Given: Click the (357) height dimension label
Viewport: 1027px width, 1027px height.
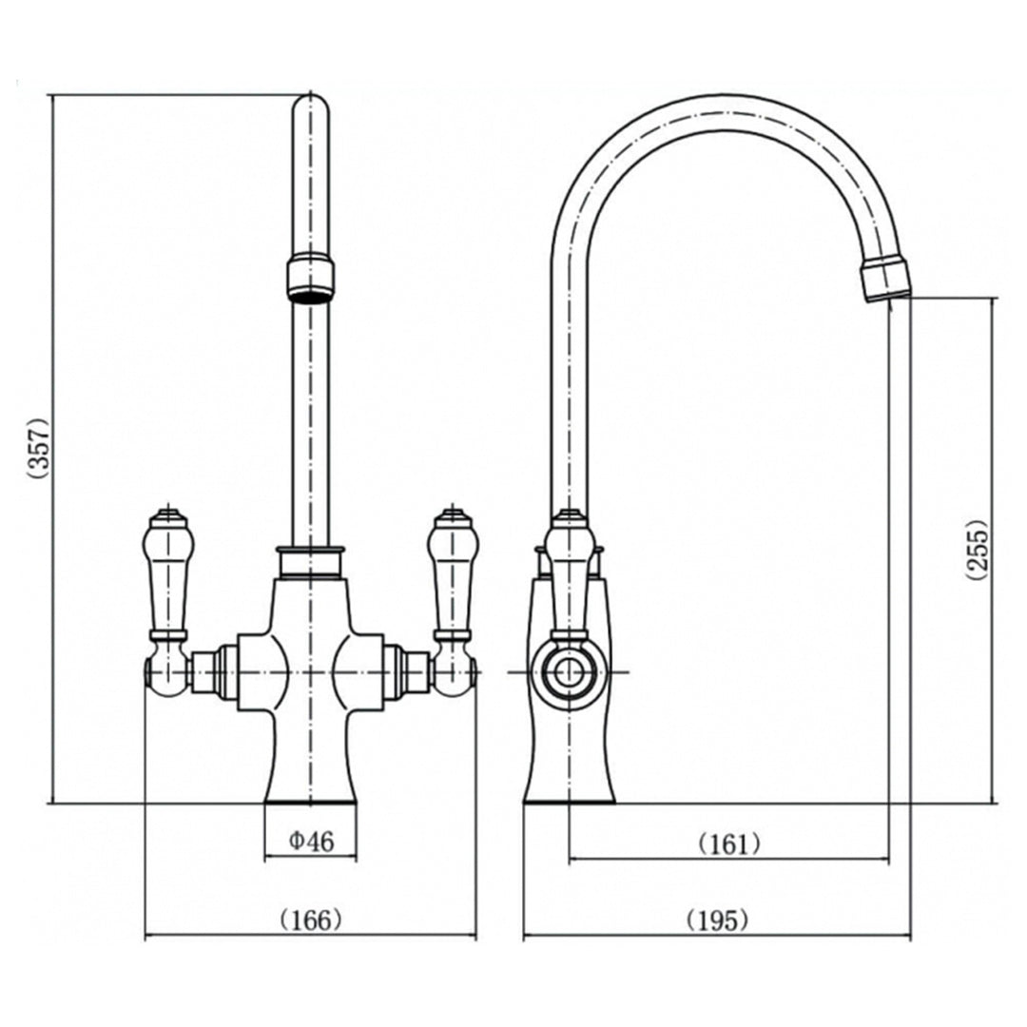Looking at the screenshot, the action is (39, 449).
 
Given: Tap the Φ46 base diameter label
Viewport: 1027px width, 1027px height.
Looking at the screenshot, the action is (312, 841).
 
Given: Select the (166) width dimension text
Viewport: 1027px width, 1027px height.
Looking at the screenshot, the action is (311, 920).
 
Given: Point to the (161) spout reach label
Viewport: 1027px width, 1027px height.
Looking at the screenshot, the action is (729, 844).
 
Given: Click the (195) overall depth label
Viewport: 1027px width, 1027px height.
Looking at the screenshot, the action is (717, 920).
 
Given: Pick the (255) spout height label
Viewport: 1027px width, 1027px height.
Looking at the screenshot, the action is (976, 549).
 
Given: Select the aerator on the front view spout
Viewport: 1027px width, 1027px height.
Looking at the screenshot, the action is (310, 280).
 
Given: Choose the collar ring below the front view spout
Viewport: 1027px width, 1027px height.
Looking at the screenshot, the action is (310, 562).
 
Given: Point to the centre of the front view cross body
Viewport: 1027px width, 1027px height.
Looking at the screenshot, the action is (310, 672).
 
